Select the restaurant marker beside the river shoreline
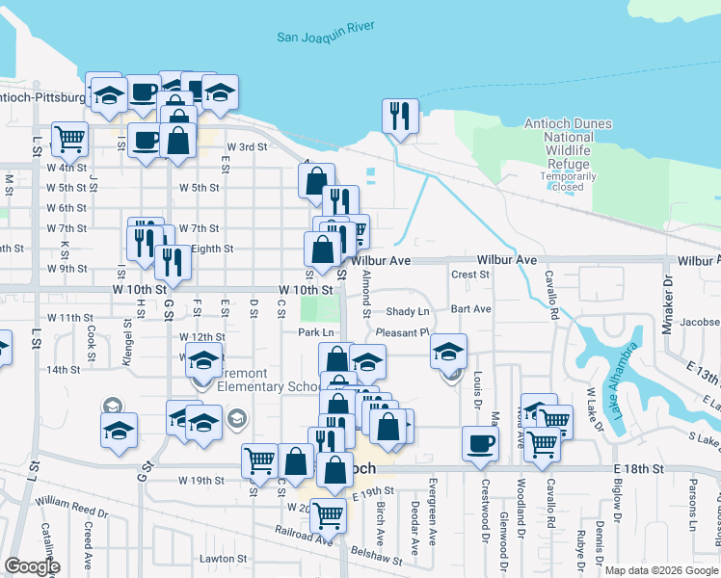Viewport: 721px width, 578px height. point(399,117)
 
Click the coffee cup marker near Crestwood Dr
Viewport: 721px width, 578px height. point(480,444)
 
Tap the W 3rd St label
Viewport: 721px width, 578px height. point(246,147)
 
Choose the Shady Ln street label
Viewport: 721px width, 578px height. point(407,312)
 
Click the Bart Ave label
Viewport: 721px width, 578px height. point(471,309)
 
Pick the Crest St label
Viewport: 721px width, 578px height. point(470,275)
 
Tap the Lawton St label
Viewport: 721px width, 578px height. point(223,559)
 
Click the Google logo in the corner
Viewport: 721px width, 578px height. point(32,566)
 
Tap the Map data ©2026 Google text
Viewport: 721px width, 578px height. point(660,570)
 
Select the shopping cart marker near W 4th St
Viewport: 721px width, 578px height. point(69,139)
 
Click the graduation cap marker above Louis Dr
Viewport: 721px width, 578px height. point(448,351)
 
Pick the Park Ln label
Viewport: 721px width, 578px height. point(314,332)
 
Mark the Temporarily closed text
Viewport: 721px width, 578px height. point(568,182)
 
